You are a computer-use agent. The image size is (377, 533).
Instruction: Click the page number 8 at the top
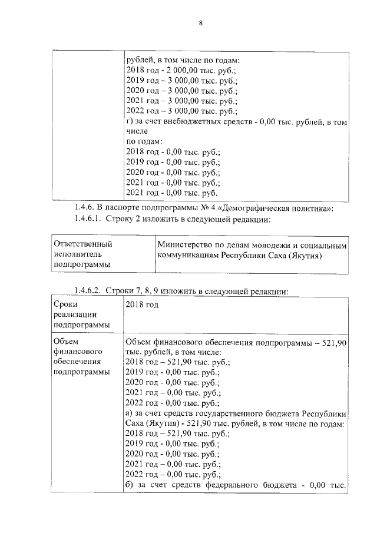[x=200, y=23]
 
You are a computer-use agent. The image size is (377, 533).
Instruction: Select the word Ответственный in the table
[x=82, y=244]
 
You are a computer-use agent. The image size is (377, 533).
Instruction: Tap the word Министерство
[x=187, y=244]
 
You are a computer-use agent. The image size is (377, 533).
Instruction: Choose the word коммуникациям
[x=188, y=255]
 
